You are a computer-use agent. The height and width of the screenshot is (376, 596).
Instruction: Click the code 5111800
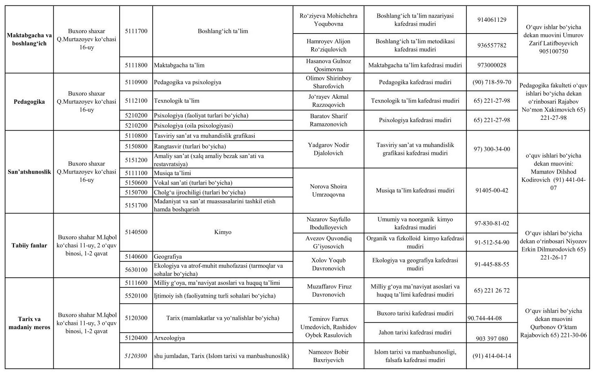pos(136,65)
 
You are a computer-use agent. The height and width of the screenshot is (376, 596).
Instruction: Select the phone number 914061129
pos(492,20)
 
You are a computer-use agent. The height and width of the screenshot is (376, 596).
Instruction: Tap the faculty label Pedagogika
pos(29,102)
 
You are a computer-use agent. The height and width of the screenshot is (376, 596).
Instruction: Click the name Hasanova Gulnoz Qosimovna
pos(328,65)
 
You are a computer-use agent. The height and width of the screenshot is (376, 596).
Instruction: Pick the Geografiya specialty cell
pos(168,257)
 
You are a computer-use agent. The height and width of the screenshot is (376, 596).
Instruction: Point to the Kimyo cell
pos(222,232)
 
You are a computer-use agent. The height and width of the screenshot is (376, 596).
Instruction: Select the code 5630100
pos(136,270)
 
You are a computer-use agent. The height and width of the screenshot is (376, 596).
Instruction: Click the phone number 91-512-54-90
pos(492,242)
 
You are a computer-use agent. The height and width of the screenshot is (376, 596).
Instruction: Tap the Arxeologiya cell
pos(169,338)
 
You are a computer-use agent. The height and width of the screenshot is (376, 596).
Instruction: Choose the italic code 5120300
pos(136,356)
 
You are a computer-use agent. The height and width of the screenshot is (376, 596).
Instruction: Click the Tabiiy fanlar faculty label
pos(29,245)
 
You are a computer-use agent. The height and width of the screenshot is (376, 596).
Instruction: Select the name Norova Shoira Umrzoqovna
pos(328,190)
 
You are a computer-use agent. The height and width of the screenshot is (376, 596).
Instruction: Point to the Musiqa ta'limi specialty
pos(173,173)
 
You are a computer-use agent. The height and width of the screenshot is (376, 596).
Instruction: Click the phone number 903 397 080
pos(492,339)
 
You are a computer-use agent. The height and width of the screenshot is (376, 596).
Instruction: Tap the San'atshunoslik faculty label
pos(29,172)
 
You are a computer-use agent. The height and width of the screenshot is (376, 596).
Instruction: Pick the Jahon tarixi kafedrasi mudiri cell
pos(415,332)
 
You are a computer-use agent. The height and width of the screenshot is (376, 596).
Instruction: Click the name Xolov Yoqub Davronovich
pos(328,264)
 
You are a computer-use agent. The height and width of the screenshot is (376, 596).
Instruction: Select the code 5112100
pos(136,101)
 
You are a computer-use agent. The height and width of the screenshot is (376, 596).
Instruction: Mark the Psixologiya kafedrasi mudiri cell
pos(415,120)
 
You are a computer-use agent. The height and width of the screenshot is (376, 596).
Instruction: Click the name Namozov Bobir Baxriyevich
pos(328,356)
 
